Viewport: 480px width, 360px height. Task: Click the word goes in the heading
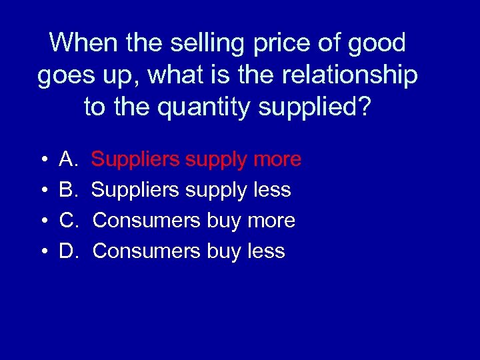[65, 76]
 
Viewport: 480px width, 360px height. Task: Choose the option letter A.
[69, 159]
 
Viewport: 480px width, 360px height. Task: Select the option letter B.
[69, 190]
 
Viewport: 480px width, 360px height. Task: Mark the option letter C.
[70, 221]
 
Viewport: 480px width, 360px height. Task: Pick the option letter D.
[70, 251]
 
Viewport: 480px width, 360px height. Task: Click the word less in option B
[272, 190]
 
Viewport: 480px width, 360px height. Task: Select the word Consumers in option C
[146, 221]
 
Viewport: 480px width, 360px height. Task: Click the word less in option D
[266, 251]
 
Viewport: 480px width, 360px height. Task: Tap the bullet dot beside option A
[43, 160]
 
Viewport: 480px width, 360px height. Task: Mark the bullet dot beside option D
[43, 252]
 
